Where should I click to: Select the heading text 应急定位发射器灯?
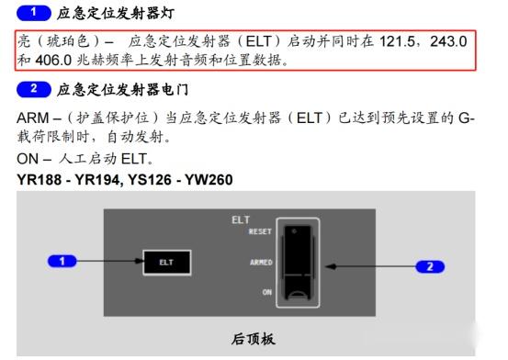pos(115,14)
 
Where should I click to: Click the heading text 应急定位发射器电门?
pos(122,89)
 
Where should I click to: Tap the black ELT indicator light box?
pos(166,262)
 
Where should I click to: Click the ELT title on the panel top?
pos(241,220)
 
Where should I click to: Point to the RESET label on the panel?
pos(260,232)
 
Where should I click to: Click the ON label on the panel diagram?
pos(265,292)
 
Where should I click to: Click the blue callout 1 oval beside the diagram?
pos(63,262)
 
